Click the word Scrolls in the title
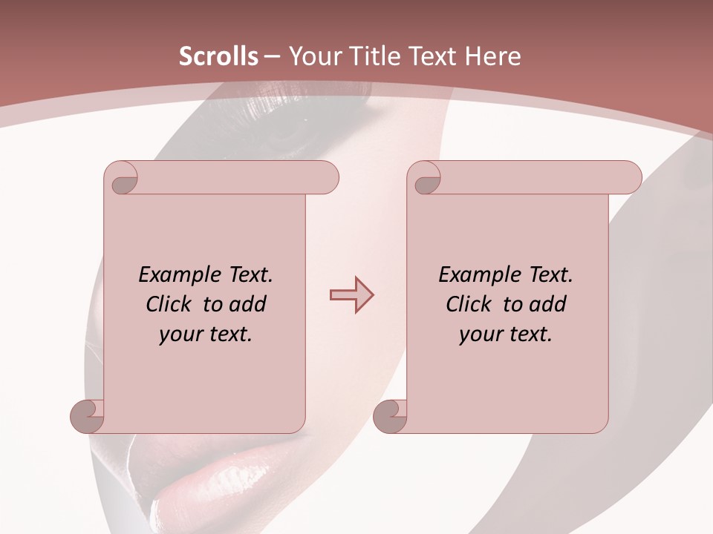(x=218, y=56)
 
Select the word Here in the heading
(x=493, y=56)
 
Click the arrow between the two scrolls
(x=351, y=294)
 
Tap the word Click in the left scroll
(x=169, y=304)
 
